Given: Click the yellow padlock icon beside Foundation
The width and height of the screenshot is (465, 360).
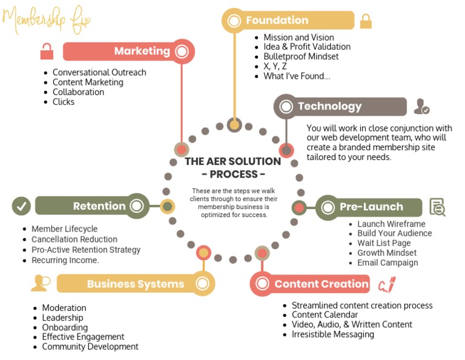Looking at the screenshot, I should [366, 21].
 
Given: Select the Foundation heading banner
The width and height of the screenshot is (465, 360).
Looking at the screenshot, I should [288, 21].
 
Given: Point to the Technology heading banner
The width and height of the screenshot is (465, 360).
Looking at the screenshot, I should [340, 107].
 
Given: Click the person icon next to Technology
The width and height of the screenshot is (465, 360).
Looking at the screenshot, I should [421, 107].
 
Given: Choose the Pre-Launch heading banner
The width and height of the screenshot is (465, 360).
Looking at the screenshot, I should [369, 207].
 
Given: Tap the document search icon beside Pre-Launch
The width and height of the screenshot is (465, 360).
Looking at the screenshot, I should [437, 207].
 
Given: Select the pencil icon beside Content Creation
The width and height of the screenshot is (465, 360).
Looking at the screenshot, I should [386, 284].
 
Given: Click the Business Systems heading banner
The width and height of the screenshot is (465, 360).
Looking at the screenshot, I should [134, 284].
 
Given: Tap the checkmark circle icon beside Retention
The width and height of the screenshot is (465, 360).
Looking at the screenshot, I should [21, 206].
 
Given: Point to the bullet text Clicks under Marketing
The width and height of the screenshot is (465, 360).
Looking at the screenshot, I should [64, 102].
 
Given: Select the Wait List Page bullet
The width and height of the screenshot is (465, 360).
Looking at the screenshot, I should [384, 243].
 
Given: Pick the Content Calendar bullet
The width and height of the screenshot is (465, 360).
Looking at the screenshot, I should [325, 315].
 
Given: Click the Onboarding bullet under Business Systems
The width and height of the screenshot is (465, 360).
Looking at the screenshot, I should [64, 327].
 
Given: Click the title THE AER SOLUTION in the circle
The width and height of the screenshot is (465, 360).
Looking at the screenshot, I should [233, 161].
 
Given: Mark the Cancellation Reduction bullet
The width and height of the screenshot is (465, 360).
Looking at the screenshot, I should [74, 239].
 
